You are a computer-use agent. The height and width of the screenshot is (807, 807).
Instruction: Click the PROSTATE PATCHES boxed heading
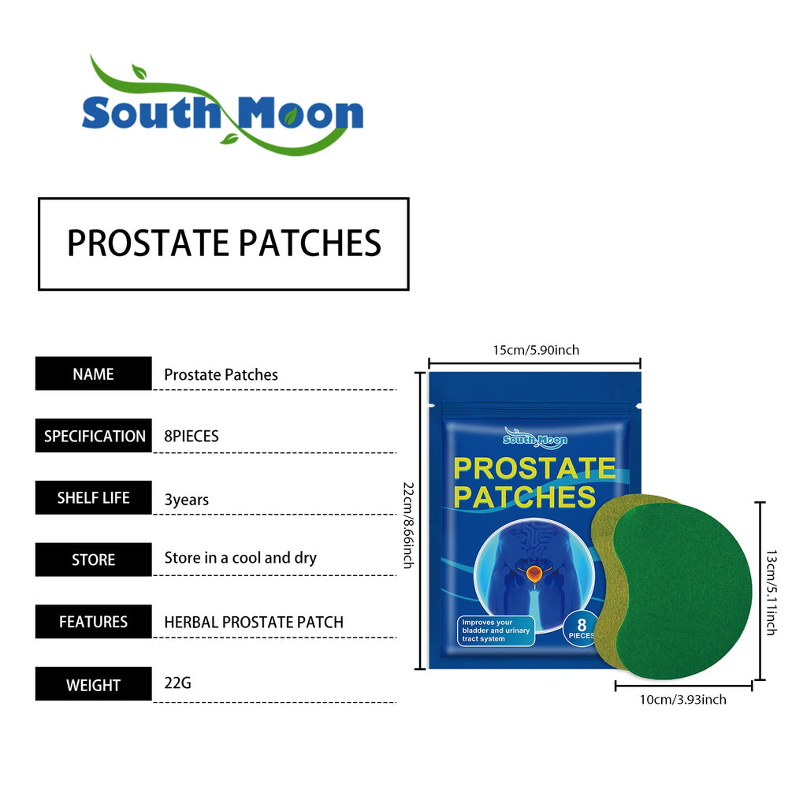(224, 244)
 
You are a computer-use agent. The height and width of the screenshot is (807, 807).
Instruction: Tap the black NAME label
(93, 374)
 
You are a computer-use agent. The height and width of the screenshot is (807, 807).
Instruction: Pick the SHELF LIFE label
(93, 498)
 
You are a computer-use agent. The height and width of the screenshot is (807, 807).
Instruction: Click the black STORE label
(93, 560)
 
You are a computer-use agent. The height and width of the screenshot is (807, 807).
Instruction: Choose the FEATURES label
(93, 622)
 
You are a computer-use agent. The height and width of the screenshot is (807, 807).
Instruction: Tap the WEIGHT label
(93, 685)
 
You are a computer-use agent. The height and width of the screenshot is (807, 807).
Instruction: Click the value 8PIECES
(192, 436)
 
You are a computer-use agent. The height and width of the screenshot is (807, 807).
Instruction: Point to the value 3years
(186, 500)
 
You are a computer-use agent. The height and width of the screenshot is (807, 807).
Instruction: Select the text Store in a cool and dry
(240, 558)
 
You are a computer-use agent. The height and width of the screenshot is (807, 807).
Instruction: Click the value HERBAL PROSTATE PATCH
(254, 622)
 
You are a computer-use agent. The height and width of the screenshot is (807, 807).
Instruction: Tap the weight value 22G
(177, 682)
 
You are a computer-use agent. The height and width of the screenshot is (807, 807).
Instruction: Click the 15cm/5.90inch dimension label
(536, 349)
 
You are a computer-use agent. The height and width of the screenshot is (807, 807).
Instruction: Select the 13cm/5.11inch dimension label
(771, 592)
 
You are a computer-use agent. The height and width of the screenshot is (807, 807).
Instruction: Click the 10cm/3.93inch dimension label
(682, 699)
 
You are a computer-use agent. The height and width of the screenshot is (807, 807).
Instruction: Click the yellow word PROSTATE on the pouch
(534, 468)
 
